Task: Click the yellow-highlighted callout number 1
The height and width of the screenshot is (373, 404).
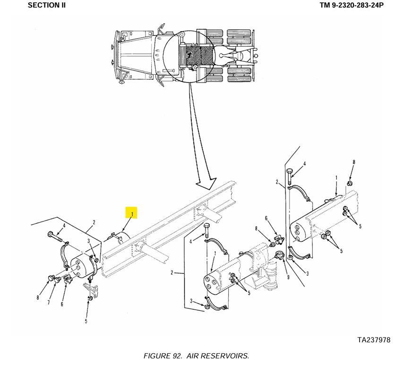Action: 132,214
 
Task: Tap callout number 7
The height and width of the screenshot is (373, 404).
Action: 48,303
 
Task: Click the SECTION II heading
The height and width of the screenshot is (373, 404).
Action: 47,5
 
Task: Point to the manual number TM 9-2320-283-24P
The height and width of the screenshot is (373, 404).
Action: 351,5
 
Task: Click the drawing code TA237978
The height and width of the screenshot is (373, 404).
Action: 373,340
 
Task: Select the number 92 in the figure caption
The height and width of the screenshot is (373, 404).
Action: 177,356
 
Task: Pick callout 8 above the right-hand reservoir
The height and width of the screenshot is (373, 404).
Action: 353,163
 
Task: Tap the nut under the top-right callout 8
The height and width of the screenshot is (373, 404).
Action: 350,183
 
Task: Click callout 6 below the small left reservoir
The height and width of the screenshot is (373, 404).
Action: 61,304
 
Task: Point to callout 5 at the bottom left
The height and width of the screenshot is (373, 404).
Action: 86,322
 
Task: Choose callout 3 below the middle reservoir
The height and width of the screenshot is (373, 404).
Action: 191,301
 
